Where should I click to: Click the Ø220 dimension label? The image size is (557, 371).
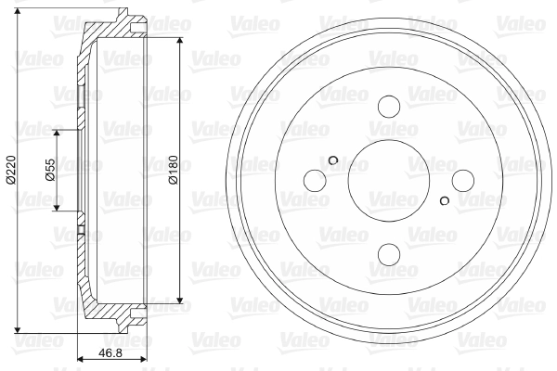tap(11, 170)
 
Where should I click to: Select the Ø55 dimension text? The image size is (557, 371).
tap(50, 170)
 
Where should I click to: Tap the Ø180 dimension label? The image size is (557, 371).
tap(173, 170)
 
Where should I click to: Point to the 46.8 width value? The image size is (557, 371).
tap(110, 353)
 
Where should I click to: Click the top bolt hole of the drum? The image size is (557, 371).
tap(389, 107)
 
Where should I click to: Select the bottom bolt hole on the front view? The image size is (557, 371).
tap(389, 254)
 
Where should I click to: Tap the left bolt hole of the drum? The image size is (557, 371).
tap(315, 180)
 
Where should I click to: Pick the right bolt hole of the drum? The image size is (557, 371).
tap(463, 180)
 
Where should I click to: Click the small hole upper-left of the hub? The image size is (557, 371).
tap(333, 160)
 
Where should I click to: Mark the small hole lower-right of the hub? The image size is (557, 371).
tap(445, 200)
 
